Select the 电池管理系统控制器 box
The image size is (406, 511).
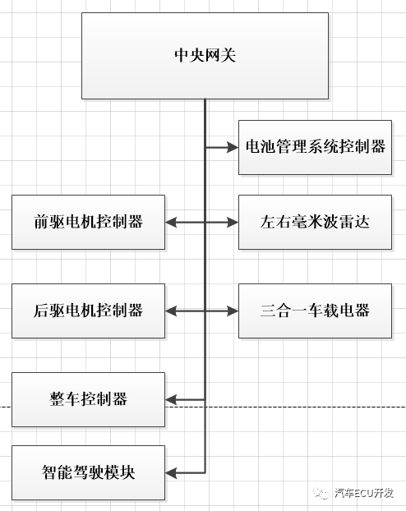pyautogui.click(x=315, y=147)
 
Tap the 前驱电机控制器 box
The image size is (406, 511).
pyautogui.click(x=89, y=222)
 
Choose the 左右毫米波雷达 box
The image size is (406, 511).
pyautogui.click(x=315, y=222)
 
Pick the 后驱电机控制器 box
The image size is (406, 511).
pyautogui.click(x=89, y=311)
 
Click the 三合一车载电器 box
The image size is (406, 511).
pyautogui.click(x=315, y=311)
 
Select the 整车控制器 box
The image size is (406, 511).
pyautogui.click(x=89, y=399)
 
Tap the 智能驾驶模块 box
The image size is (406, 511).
pyautogui.click(x=89, y=473)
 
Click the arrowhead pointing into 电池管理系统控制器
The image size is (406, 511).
pyautogui.click(x=233, y=148)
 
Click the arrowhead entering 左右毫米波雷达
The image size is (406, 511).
pyautogui.click(x=233, y=222)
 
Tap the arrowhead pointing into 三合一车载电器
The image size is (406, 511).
pyautogui.click(x=233, y=311)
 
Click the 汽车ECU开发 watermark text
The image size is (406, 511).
pyautogui.click(x=366, y=493)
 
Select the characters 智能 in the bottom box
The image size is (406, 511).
pyautogui.click(x=57, y=473)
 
